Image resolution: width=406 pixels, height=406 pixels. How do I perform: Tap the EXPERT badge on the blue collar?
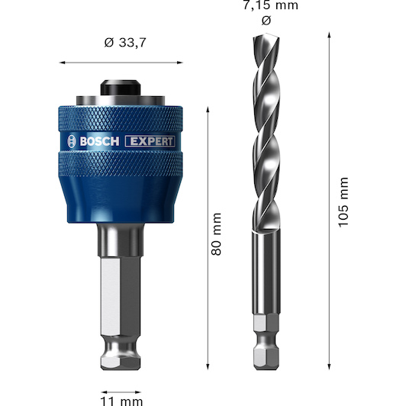[151, 140]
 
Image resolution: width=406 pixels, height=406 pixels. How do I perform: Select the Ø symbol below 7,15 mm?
[265, 21]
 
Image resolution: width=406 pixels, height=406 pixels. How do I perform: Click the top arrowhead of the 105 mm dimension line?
[329, 37]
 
